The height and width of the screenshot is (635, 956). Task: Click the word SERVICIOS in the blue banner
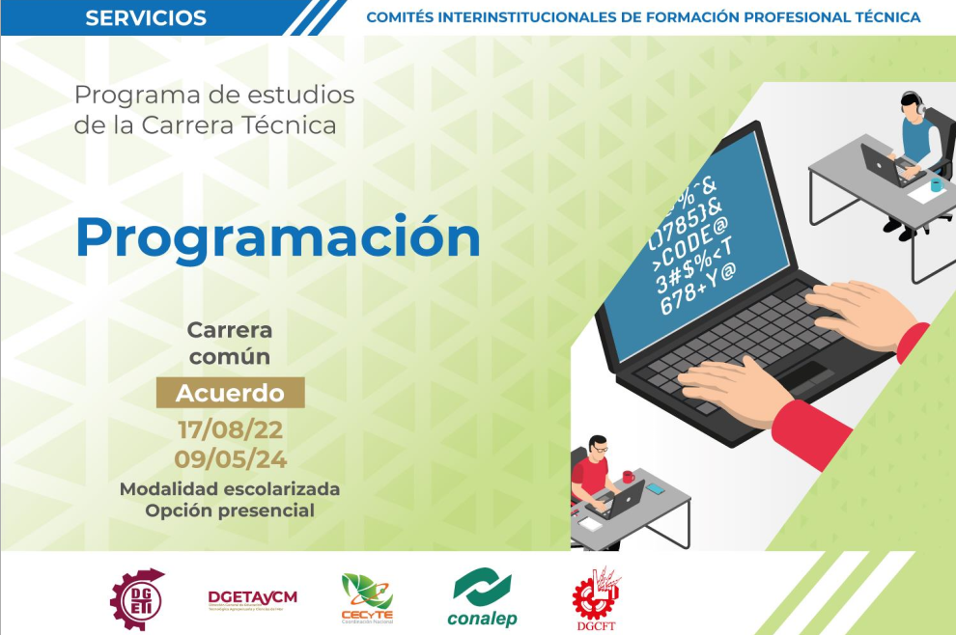point(146,17)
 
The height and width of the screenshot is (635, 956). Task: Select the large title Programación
point(277,237)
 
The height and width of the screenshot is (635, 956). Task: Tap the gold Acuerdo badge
point(230,393)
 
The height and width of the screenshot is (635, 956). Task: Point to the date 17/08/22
point(230,429)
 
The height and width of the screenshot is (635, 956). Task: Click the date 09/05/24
point(230,457)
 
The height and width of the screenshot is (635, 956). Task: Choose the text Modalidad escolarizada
point(230,489)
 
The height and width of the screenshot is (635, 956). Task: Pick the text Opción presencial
point(230,511)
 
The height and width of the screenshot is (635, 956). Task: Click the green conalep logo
point(482,597)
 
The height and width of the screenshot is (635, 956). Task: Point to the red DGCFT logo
point(596,595)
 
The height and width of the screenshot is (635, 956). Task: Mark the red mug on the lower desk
point(628,477)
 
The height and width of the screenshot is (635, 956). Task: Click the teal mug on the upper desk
point(936,184)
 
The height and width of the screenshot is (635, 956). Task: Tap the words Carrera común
point(230,344)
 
